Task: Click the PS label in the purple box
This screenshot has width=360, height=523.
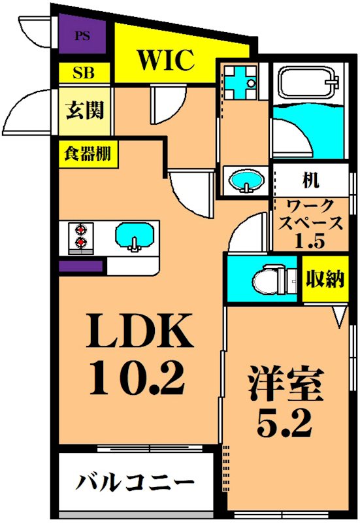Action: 82,36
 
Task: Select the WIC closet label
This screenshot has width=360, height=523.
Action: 165,60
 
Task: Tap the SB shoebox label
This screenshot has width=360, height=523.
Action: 82,73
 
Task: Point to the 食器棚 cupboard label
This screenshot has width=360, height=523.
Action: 86,154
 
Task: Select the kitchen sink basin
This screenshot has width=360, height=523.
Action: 135,235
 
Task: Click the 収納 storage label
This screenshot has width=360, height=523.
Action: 324,280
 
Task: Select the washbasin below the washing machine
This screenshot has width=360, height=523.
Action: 246,180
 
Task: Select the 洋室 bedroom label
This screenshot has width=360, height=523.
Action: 286,385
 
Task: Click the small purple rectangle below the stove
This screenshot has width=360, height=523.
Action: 81,266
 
